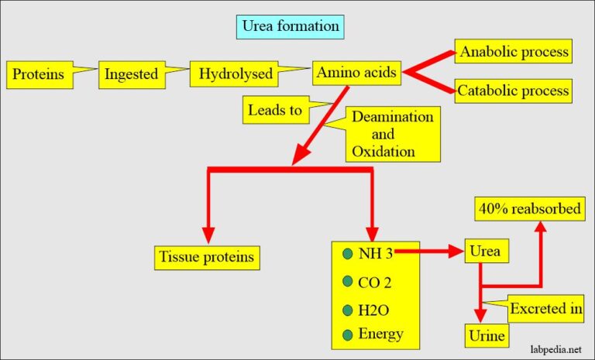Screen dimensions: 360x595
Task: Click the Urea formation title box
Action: (291, 26)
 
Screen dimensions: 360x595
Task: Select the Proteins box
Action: (37, 76)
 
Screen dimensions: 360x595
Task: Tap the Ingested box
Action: (132, 75)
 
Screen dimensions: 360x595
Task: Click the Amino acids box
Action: (356, 74)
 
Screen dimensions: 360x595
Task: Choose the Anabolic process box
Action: (514, 53)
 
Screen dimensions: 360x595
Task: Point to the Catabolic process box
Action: (514, 91)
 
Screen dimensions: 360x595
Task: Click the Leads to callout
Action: (274, 110)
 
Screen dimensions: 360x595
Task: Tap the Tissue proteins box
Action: (206, 255)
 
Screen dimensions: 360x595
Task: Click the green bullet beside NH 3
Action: (346, 252)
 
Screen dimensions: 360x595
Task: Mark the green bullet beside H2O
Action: (346, 309)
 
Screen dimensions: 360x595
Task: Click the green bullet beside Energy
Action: (346, 334)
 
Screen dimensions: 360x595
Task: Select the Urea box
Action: (486, 251)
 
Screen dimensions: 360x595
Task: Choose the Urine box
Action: (486, 335)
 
